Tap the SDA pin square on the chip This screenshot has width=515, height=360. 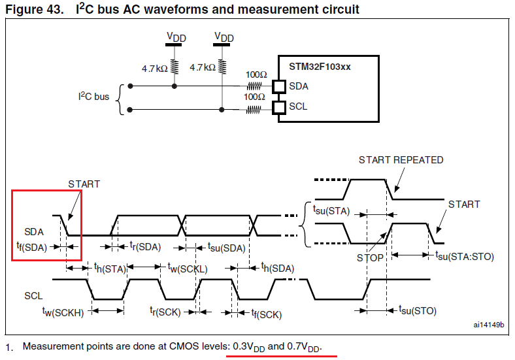click(x=279, y=86)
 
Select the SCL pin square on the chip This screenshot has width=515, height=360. click(x=279, y=107)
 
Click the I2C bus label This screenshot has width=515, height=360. click(x=94, y=97)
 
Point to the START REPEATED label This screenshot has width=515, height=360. click(x=401, y=160)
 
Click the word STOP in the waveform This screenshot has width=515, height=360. click(x=370, y=257)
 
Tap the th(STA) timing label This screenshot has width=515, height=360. click(x=109, y=268)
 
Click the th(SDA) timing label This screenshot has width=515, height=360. click(x=278, y=268)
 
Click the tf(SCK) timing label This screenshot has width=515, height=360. click(x=267, y=314)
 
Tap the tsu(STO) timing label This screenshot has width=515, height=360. click(x=417, y=311)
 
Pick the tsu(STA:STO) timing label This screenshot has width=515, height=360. click(x=465, y=256)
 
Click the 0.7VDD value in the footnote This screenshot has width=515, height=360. click(x=305, y=346)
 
